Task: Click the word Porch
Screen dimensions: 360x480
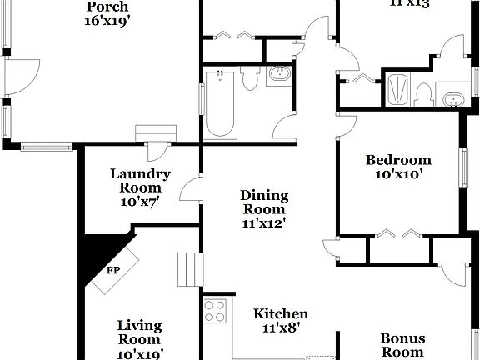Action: pyautogui.click(x=107, y=7)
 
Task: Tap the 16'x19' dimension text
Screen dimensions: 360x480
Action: pyautogui.click(x=107, y=21)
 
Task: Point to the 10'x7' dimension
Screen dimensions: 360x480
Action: pyautogui.click(x=140, y=202)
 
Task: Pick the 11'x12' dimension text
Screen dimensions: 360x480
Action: pyautogui.click(x=263, y=223)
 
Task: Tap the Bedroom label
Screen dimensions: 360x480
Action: pyautogui.click(x=399, y=160)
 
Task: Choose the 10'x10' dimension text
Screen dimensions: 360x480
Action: pyautogui.click(x=399, y=174)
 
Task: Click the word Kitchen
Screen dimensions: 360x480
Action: pyautogui.click(x=281, y=314)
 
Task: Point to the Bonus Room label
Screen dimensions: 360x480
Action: pyautogui.click(x=402, y=345)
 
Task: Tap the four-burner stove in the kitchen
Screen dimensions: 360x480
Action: pyautogui.click(x=216, y=311)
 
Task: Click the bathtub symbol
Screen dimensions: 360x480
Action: pyautogui.click(x=220, y=103)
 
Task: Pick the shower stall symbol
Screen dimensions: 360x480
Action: pyautogui.click(x=398, y=90)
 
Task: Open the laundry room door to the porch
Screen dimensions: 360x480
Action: pyautogui.click(x=156, y=151)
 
